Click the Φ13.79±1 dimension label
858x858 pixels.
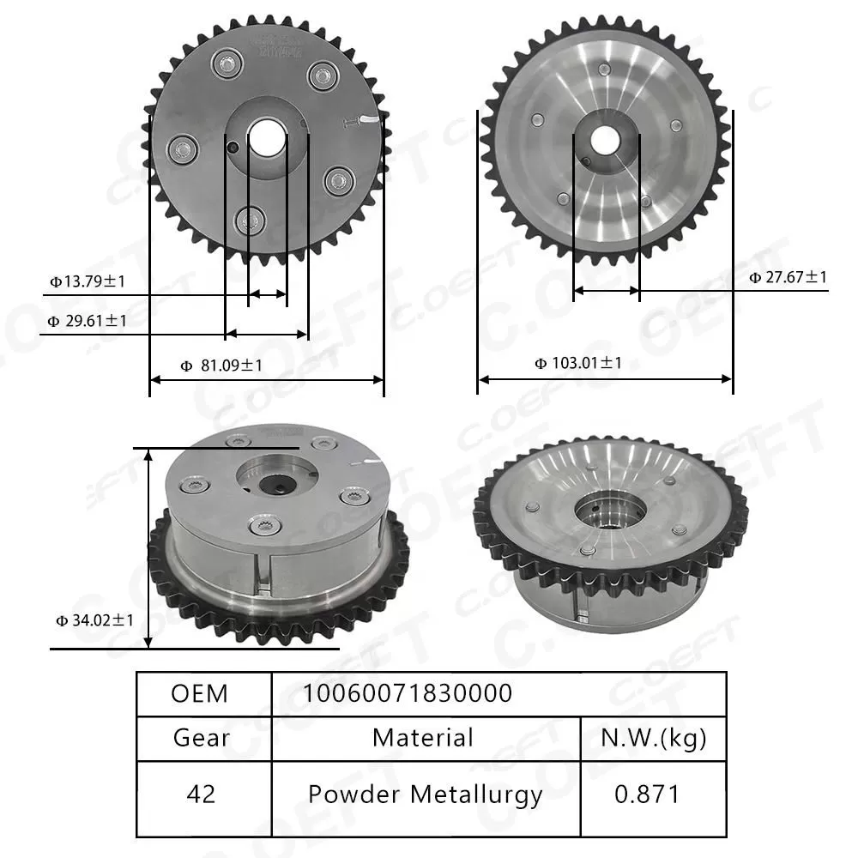pyautogui.click(x=88, y=281)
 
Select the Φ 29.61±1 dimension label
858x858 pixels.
pyautogui.click(x=87, y=321)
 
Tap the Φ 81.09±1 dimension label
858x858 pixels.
pyautogui.click(x=221, y=366)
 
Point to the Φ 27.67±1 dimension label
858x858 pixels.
pyautogui.click(x=788, y=276)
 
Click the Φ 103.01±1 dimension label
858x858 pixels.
pyautogui.click(x=578, y=363)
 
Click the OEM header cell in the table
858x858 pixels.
pyautogui.click(x=200, y=693)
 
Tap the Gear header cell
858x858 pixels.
pyautogui.click(x=202, y=738)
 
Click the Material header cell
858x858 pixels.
pyautogui.click(x=423, y=738)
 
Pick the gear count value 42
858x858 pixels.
pyautogui.click(x=202, y=795)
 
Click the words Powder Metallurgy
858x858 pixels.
pyautogui.click(x=425, y=795)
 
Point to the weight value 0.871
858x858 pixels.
pyautogui.click(x=647, y=795)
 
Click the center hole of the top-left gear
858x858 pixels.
pyautogui.click(x=267, y=136)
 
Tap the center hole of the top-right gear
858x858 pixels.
pyautogui.click(x=606, y=139)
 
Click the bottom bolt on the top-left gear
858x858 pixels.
pyautogui.click(x=252, y=221)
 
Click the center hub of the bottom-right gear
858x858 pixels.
pyautogui.click(x=611, y=513)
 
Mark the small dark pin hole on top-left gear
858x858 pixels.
pyautogui.click(x=233, y=148)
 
